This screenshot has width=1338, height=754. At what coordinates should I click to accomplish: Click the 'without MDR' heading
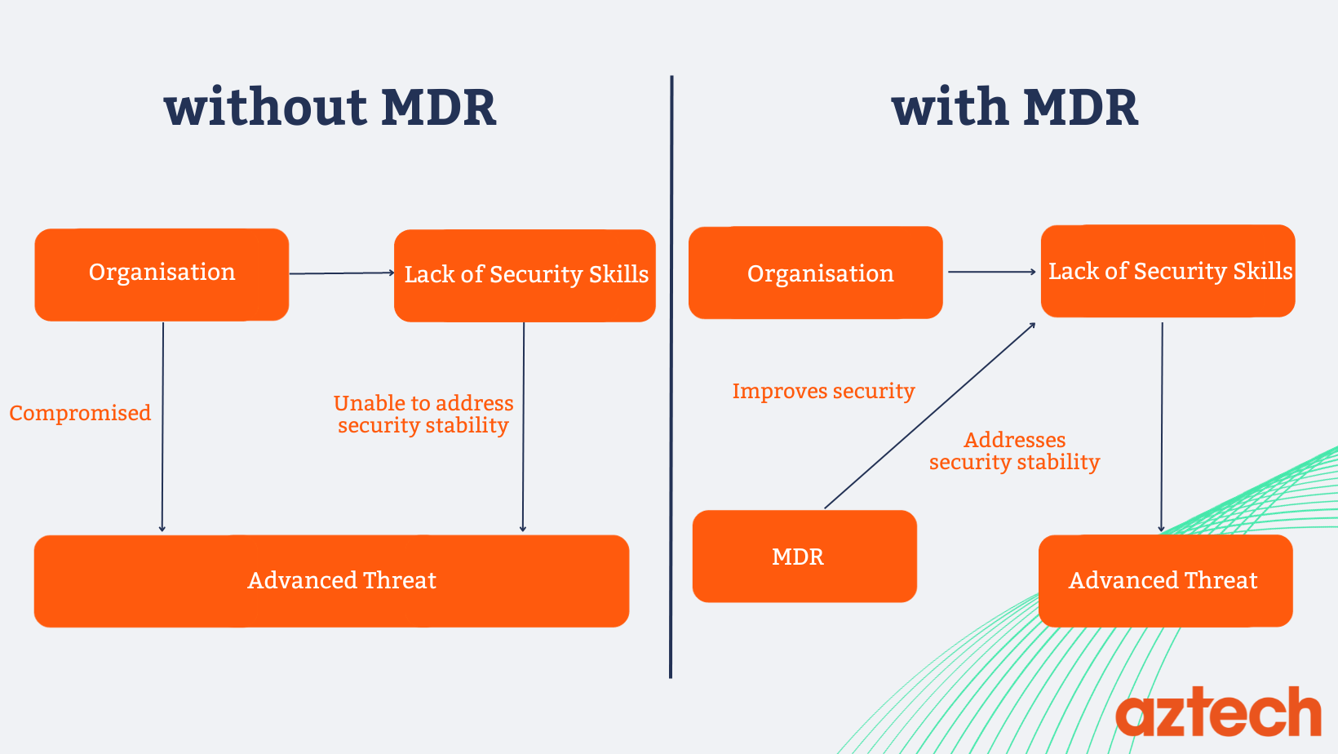(330, 108)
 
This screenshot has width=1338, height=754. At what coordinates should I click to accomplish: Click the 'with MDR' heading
(1014, 108)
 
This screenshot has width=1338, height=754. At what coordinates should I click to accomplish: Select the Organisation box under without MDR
(162, 274)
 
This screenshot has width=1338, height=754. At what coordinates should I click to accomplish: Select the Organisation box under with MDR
(816, 273)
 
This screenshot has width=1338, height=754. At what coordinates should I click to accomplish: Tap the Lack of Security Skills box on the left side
(525, 275)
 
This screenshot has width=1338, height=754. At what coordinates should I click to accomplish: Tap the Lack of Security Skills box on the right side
(1167, 271)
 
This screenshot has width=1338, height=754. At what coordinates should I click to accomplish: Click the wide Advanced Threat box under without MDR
(331, 580)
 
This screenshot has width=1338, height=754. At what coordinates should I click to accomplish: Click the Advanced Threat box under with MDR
(1165, 580)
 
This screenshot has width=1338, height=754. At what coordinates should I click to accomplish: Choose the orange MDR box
(804, 557)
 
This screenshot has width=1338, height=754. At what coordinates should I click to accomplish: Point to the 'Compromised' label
(80, 413)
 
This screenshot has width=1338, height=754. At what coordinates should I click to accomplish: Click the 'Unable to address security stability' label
(423, 415)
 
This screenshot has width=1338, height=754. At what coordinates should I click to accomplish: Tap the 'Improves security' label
(823, 391)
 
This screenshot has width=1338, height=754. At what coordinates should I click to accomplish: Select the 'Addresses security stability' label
(1014, 451)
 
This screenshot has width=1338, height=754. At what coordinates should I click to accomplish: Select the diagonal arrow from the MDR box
(930, 415)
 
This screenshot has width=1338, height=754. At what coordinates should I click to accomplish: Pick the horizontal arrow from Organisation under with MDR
(991, 272)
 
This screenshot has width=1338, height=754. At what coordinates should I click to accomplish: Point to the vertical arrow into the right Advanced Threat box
(1162, 424)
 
